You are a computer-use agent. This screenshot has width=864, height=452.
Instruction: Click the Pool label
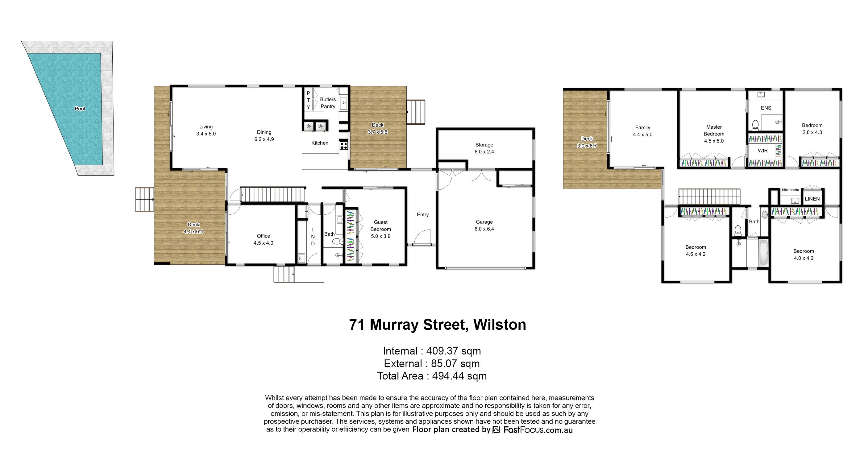tap(80, 109)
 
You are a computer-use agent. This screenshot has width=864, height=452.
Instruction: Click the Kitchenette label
tap(790, 190)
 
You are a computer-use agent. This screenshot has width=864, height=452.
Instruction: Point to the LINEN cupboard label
tap(812, 199)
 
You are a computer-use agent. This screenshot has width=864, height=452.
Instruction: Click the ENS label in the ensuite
tap(766, 108)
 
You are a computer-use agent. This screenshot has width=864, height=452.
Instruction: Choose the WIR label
tap(763, 151)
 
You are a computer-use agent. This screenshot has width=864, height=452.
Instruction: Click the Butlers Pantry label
tap(328, 103)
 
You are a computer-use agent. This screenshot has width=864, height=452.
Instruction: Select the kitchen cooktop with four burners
tap(343, 145)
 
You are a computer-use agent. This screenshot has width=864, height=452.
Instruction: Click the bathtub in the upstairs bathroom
tap(763, 252)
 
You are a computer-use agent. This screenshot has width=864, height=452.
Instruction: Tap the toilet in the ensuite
tap(755, 125)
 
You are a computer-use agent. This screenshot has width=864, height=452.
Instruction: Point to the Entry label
tap(423, 215)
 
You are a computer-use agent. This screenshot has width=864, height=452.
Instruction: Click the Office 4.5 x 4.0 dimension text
tap(263, 243)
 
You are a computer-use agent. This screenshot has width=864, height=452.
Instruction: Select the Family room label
tap(643, 127)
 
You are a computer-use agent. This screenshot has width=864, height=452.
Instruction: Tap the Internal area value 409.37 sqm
tap(454, 351)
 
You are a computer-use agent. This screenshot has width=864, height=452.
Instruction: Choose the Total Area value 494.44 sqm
tap(459, 376)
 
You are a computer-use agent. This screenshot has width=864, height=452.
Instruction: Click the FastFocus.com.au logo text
tap(538, 430)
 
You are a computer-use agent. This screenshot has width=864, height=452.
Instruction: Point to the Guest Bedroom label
tap(380, 226)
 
